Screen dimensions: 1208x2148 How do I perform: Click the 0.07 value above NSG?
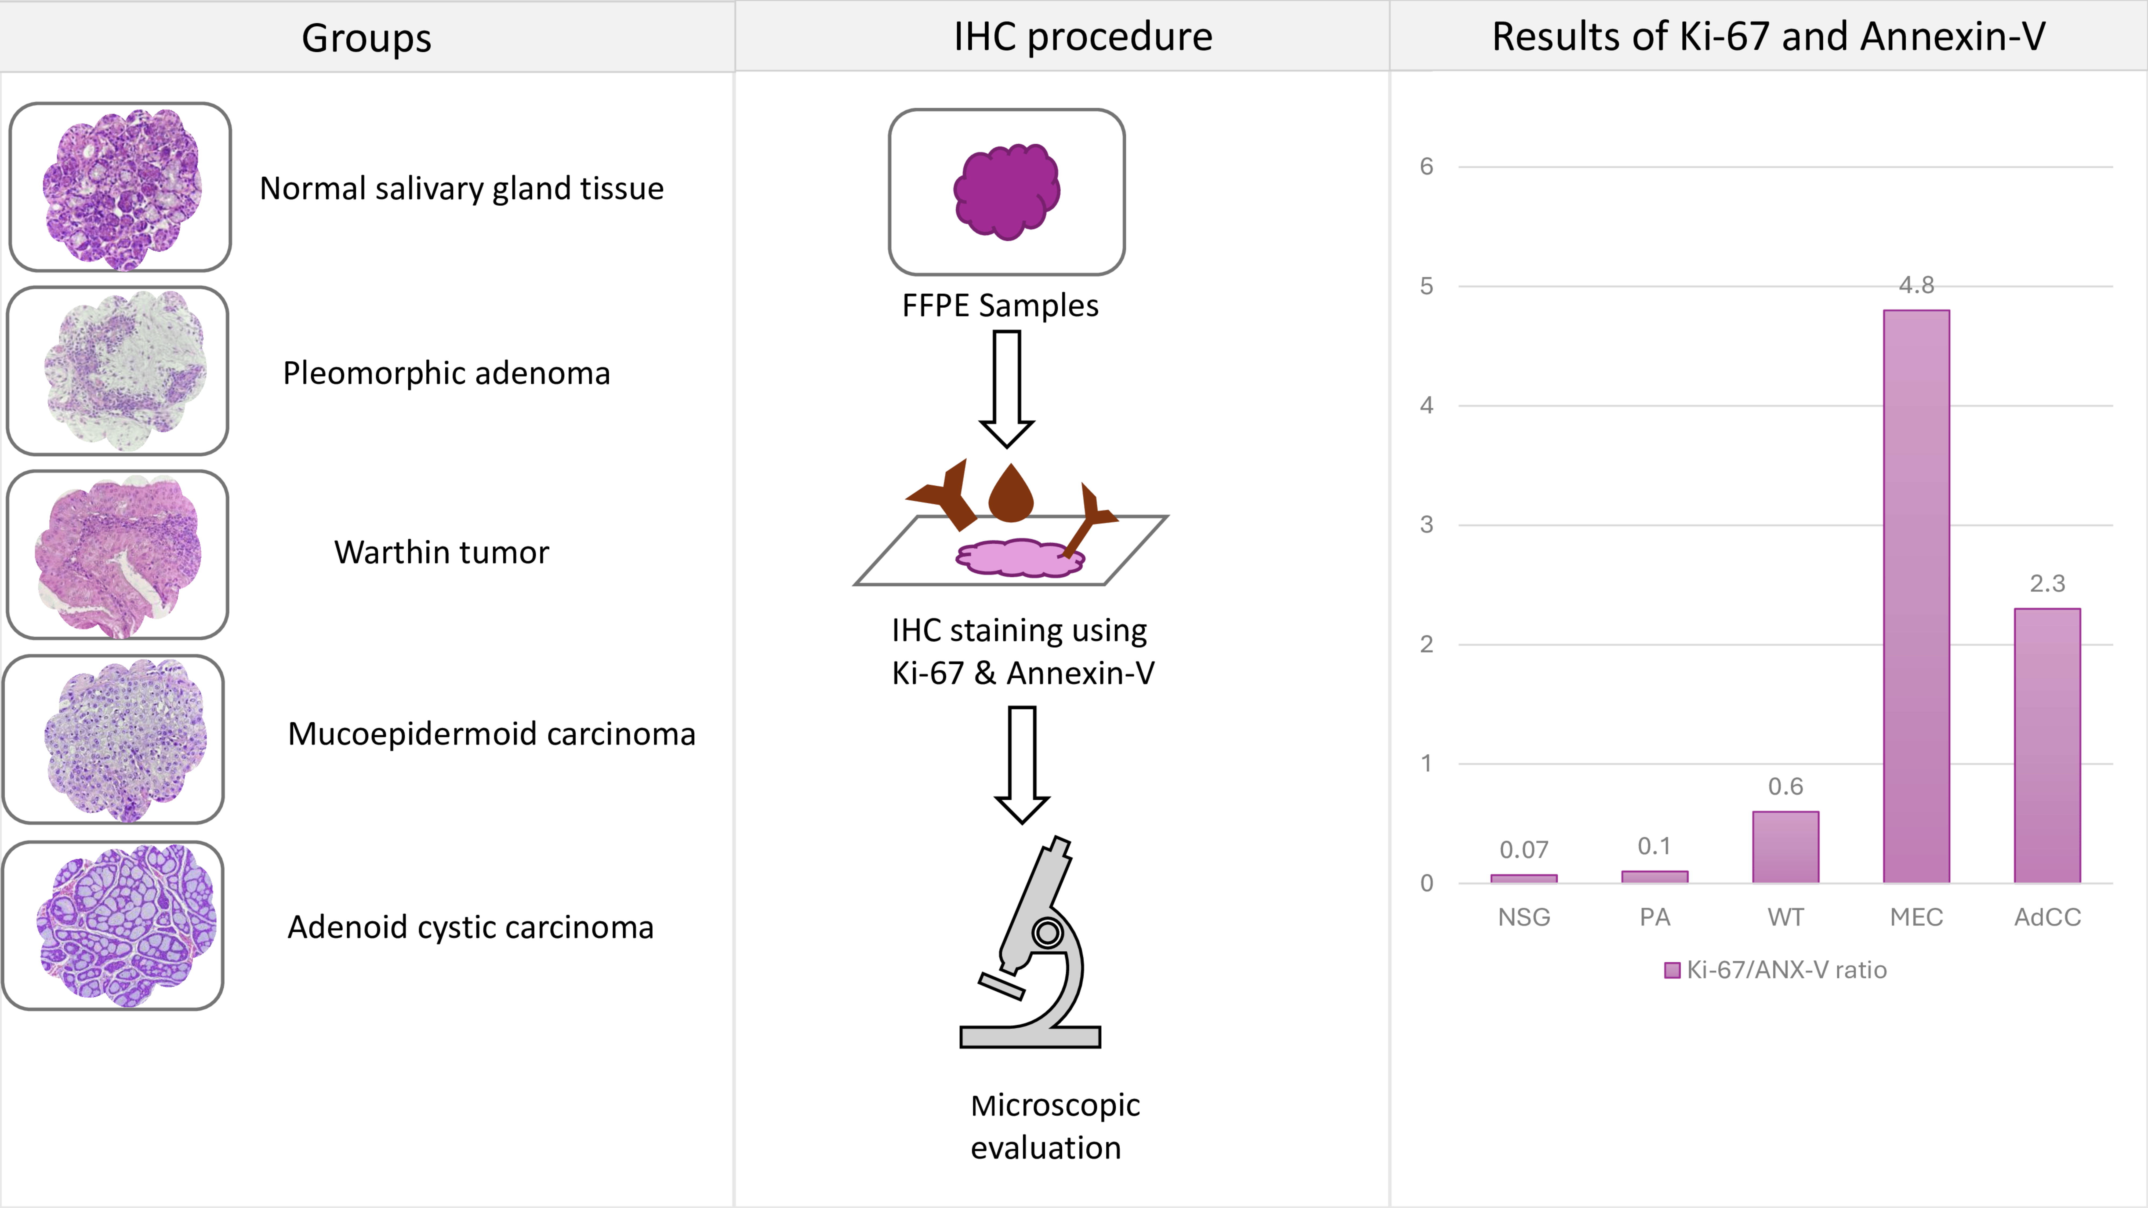1523,850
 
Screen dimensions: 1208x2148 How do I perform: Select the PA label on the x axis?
1654,917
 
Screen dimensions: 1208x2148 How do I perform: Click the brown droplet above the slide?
1011,494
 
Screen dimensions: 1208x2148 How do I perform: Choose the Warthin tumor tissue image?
118,555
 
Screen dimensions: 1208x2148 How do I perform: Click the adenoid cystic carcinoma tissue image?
113,925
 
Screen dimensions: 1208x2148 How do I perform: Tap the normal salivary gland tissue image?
120,188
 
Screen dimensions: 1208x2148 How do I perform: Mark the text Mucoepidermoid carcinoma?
491,734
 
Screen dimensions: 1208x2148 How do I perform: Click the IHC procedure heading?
1082,37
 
